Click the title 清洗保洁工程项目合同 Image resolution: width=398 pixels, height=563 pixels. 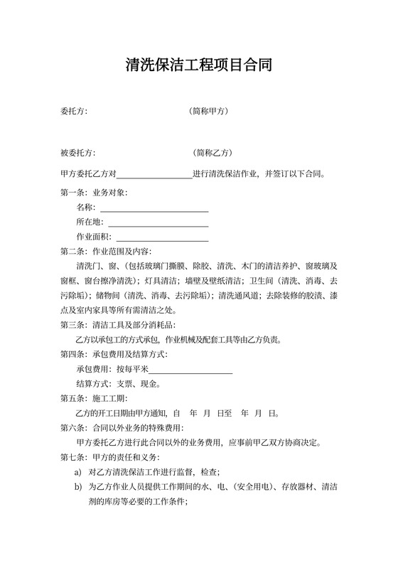click(198, 66)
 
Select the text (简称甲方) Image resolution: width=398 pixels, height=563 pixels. click(209, 112)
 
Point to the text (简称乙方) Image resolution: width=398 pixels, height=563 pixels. click(213, 153)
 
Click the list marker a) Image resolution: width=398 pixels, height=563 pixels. click(78, 472)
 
